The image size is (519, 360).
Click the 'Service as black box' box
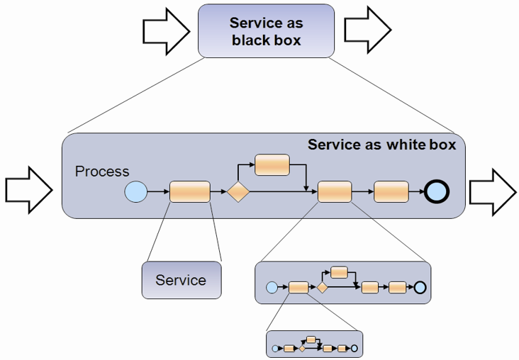[266, 31]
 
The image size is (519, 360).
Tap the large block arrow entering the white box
[29, 189]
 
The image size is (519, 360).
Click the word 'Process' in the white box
[102, 171]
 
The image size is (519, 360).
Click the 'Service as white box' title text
[381, 145]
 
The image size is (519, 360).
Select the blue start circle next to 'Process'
[135, 191]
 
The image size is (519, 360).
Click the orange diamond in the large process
[238, 191]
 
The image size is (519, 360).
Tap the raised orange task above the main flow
[272, 164]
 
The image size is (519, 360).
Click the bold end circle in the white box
[437, 191]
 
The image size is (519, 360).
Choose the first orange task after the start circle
[189, 191]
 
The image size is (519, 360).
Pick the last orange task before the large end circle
[391, 191]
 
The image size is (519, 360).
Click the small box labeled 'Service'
[181, 280]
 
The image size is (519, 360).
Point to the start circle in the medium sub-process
[272, 287]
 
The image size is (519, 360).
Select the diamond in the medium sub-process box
[322, 287]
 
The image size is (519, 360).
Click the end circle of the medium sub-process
[419, 287]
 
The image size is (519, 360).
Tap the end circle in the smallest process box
[355, 348]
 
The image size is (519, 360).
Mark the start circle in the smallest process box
[275, 348]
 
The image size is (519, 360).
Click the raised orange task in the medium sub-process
[339, 272]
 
